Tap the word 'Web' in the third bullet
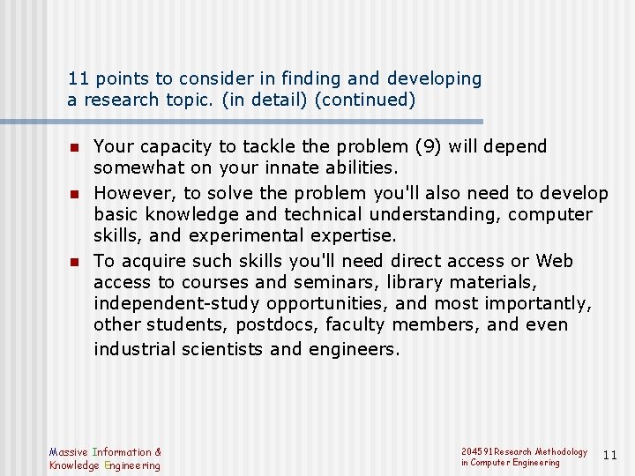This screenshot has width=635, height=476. tap(555, 261)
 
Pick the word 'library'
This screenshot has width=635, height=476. tap(400, 282)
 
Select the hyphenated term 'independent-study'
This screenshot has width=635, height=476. tap(173, 303)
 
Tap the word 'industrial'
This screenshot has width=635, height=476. tap(135, 349)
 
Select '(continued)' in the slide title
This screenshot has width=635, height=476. tap(364, 100)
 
